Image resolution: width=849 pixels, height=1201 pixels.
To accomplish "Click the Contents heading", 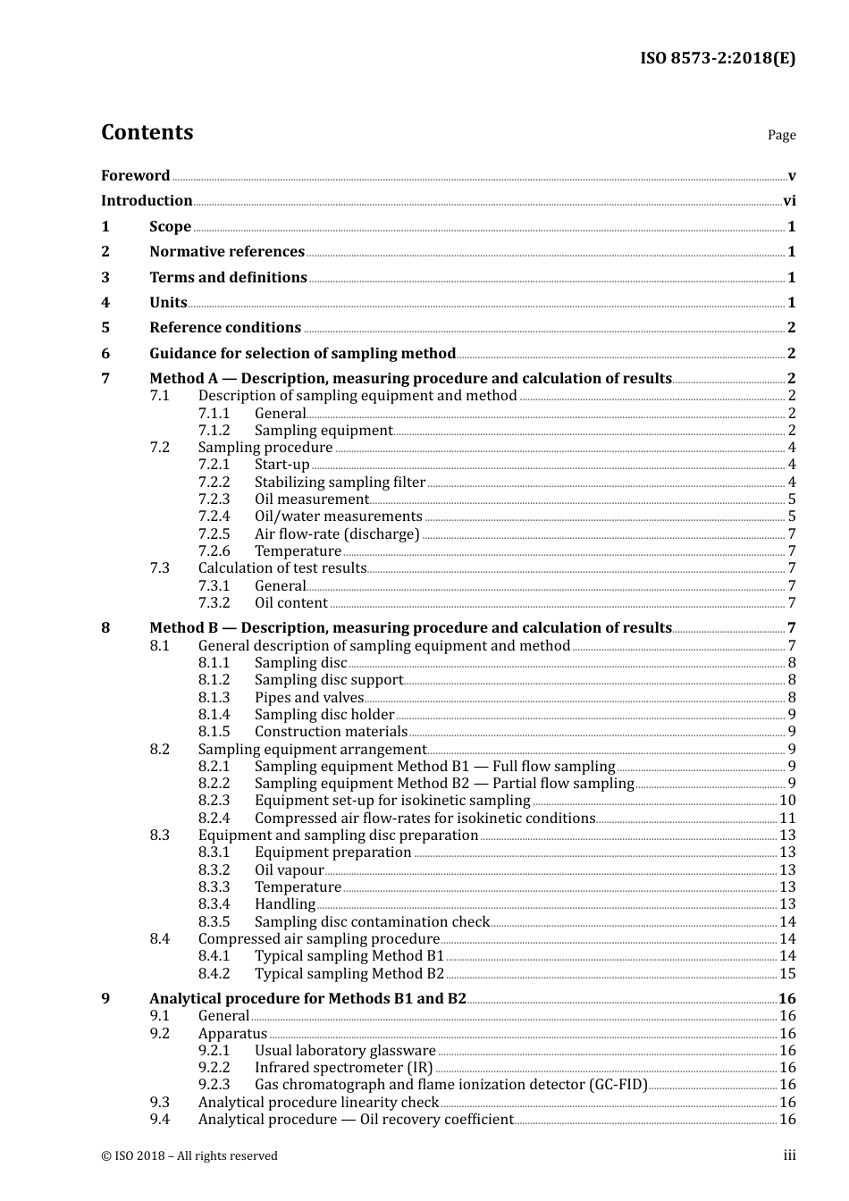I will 147,132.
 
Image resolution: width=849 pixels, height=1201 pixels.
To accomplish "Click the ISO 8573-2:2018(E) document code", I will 717,59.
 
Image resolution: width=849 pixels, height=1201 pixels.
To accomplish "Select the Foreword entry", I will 135,176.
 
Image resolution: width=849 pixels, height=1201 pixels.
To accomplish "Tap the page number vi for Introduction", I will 789,201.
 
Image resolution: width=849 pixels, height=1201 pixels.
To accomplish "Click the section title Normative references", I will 227,252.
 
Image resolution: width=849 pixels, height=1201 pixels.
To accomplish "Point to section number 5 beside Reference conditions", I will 105,328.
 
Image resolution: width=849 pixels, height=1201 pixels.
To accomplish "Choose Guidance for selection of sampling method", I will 302,353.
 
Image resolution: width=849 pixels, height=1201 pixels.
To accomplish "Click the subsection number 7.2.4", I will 214,517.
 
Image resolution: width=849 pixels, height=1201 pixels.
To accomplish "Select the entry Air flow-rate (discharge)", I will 337,534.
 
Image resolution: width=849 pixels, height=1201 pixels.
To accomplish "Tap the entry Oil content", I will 290,603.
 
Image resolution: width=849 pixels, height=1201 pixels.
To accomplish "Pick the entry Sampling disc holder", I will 324,715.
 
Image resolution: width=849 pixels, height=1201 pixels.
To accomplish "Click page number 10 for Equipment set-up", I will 787,801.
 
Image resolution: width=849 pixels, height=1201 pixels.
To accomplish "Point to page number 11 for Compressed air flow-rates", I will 787,819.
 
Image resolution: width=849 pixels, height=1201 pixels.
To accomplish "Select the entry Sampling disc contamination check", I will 372,922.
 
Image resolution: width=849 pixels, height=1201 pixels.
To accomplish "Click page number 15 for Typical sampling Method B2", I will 787,974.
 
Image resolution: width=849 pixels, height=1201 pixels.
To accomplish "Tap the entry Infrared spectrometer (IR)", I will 343,1068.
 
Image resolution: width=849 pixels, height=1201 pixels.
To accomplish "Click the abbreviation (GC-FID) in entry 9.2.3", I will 617,1085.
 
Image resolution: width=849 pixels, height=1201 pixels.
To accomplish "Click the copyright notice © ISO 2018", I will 189,1156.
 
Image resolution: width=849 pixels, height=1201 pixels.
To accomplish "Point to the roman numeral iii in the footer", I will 790,1155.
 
